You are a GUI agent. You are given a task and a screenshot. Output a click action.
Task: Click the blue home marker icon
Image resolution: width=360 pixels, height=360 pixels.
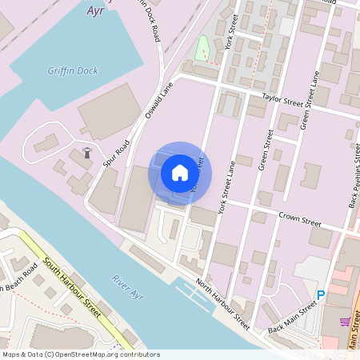click(x=180, y=173)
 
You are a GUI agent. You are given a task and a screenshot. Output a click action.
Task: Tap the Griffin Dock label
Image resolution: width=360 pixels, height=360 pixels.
click(x=72, y=71)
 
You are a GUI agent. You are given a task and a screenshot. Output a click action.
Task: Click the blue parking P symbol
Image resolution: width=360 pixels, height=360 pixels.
click(x=321, y=295)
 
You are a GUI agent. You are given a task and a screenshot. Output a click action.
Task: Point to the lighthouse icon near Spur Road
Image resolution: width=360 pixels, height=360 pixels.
click(x=87, y=153)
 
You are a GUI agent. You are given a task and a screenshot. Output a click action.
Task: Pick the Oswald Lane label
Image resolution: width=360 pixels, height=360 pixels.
click(x=159, y=102)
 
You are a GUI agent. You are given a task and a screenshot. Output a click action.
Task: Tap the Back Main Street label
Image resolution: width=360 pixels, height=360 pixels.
click(x=293, y=318)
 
